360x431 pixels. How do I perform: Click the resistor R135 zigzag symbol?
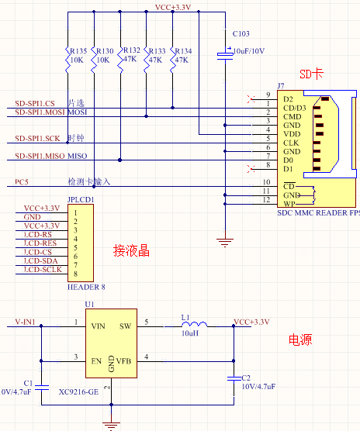67,60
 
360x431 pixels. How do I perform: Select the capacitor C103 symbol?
225,55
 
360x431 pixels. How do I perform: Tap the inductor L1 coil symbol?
195,324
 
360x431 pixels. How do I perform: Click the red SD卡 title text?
311,74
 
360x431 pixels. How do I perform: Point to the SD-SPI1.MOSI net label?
40,112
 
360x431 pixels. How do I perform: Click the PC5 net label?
22,182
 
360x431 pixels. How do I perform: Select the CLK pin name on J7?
291,143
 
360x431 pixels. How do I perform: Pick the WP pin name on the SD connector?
289,204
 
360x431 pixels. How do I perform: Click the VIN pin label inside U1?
99,326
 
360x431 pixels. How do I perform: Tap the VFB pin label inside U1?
123,361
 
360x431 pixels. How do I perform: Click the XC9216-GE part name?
78,391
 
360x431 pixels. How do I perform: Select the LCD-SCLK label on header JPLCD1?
43,270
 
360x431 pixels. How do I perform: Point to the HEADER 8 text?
86,288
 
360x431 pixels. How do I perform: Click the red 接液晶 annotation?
131,251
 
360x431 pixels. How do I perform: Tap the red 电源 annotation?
300,340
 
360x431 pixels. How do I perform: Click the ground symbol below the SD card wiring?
225,243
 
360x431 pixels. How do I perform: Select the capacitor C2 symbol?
234,379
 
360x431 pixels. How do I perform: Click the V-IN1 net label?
25,322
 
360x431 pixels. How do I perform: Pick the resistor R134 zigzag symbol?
173,60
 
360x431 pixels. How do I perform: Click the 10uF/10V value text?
249,51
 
